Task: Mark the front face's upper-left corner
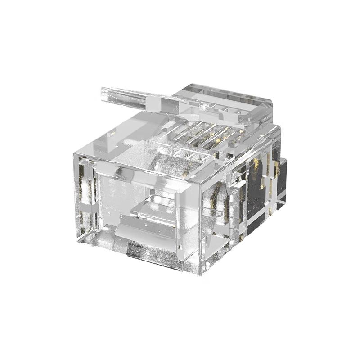tap(75, 153)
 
